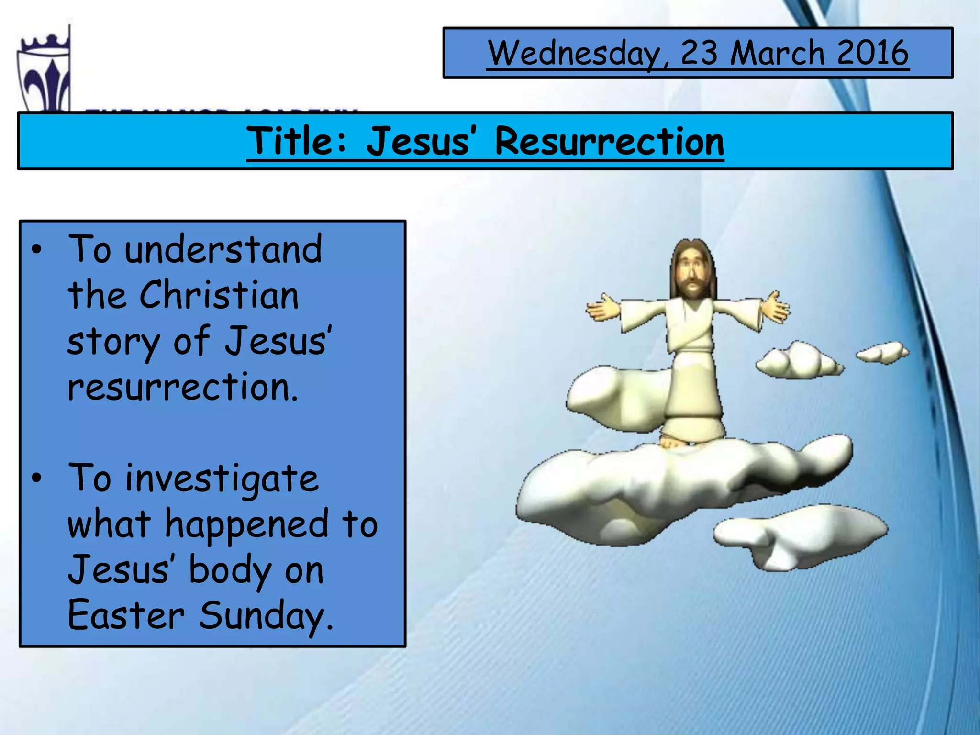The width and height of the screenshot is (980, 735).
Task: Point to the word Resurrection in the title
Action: pos(609,141)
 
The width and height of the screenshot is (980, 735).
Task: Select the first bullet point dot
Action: pos(37,250)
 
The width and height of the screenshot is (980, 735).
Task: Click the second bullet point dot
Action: pos(37,478)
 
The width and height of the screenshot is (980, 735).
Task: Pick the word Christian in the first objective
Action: pos(219,295)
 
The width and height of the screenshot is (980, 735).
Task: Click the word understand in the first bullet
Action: pos(223,250)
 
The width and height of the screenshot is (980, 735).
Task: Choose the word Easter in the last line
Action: pos(125,615)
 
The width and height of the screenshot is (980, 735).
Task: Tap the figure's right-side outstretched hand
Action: pos(775,307)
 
